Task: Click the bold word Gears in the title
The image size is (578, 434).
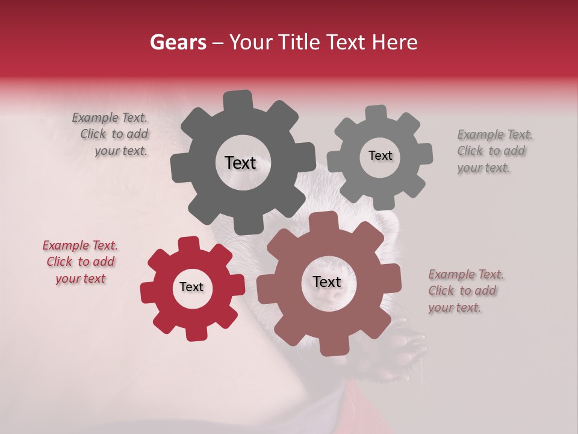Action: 178,42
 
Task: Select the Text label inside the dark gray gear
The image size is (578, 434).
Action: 240,163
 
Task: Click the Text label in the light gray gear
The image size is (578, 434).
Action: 380,156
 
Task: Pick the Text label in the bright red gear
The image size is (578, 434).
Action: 191,287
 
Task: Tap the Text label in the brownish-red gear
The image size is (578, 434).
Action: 327,281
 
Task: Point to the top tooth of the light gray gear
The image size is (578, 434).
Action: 376,113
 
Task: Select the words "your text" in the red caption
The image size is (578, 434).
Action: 80,278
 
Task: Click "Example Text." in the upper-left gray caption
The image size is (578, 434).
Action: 110,118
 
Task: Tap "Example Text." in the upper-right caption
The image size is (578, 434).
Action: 495,134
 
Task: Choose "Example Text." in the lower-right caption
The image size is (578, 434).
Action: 466,275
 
